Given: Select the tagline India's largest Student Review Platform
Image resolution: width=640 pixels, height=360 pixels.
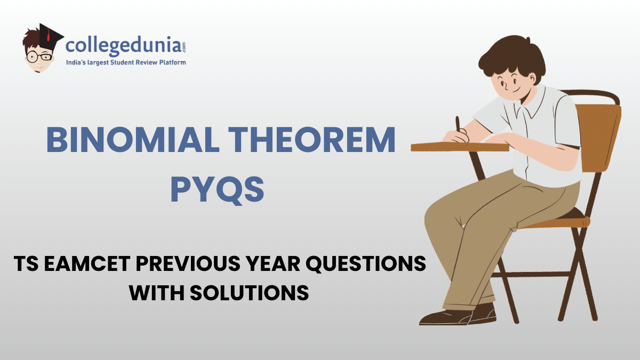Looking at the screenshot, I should tap(125, 63).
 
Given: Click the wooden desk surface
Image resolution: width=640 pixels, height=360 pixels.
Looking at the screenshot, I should tap(459, 146).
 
